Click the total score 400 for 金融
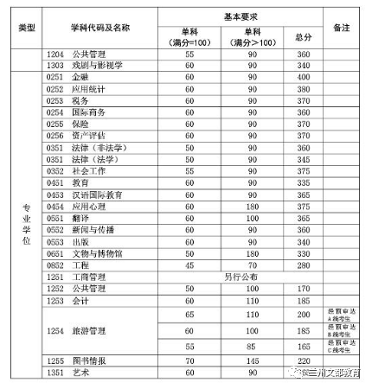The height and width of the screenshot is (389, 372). (302, 76)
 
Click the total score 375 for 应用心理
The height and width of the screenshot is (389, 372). (302, 207)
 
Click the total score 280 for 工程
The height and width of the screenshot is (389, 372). (302, 265)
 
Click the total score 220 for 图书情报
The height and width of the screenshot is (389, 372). (302, 360)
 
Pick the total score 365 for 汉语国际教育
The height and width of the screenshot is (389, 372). (302, 194)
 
